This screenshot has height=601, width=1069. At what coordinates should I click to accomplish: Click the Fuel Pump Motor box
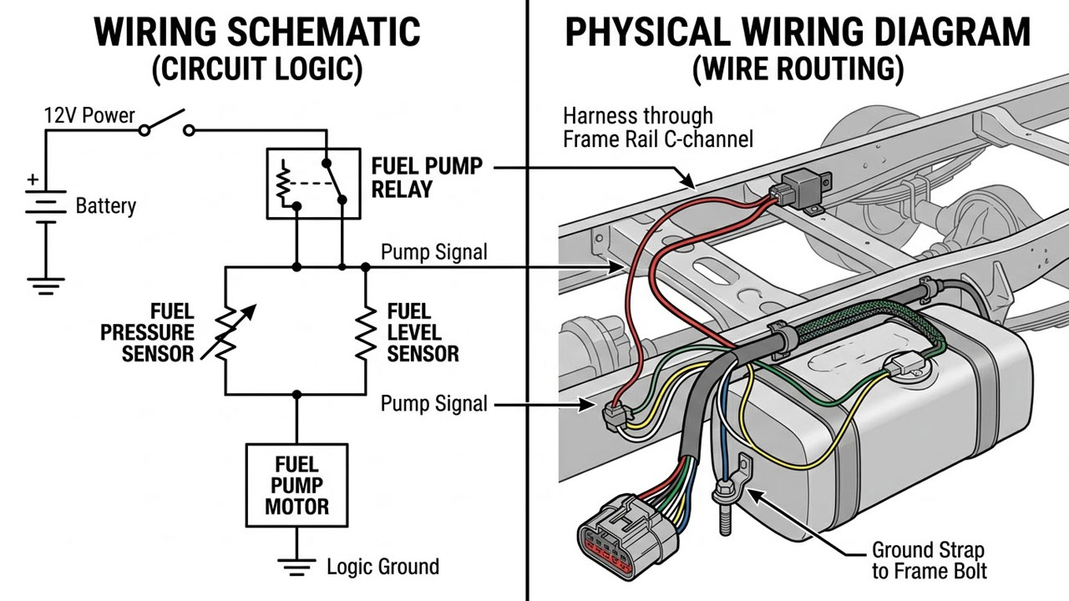coord(296,485)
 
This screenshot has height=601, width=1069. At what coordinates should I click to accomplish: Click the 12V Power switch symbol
coord(167,126)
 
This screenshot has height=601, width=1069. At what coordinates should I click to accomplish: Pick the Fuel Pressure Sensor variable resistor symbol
coord(227,331)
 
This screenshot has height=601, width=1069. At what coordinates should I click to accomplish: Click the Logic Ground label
coord(382,567)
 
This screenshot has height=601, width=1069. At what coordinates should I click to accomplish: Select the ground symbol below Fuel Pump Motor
coord(296,568)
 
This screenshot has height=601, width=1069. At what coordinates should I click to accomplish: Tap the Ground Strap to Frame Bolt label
coord(928,560)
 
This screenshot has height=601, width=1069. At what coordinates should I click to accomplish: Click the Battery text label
coord(105,205)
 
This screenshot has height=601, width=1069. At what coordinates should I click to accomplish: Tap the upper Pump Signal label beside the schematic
coord(433,252)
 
